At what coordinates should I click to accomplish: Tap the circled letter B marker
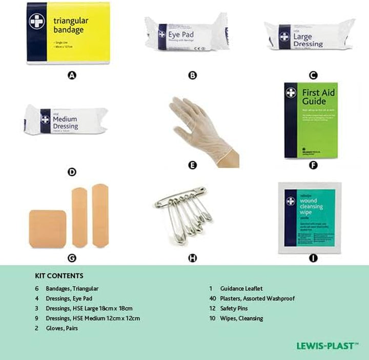tap(193, 75)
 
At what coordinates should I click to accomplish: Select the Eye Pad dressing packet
tap(186, 35)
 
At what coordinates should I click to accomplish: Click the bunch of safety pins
tap(184, 211)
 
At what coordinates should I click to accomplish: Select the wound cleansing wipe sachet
tap(310, 218)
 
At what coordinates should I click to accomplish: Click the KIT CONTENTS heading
tap(59, 276)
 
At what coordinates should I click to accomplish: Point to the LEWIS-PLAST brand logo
tap(327, 346)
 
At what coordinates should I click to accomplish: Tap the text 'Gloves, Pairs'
tap(63, 328)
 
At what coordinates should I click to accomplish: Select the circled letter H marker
tap(193, 258)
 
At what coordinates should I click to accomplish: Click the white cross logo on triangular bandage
tap(37, 22)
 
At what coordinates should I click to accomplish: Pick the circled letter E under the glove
tap(193, 165)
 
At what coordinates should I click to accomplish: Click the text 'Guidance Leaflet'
tap(241, 289)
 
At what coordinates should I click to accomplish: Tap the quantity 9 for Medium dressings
tap(36, 319)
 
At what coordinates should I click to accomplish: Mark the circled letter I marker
tap(313, 258)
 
